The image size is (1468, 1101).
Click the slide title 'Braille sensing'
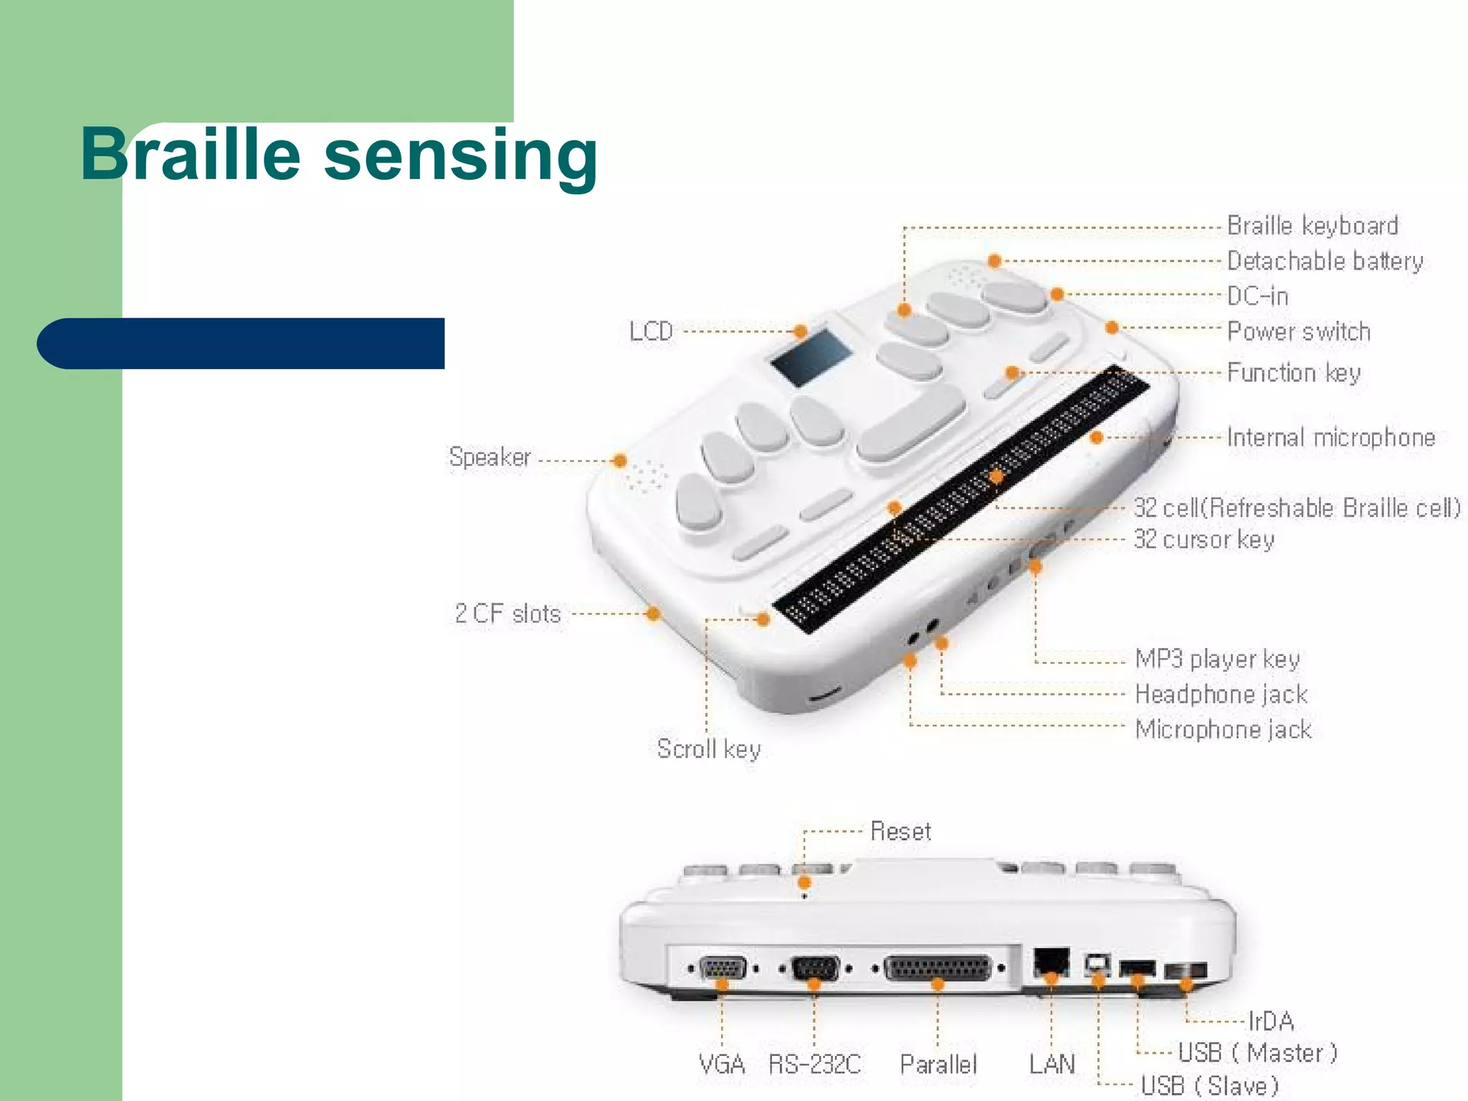339,156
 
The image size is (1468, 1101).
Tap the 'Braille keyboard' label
1312,226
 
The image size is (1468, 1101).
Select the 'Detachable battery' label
1325,261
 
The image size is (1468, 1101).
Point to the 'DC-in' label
1257,296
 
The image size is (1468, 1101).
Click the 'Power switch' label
1298,331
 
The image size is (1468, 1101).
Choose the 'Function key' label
1293,373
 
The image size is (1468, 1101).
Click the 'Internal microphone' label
1330,437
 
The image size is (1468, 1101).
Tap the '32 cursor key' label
1204,539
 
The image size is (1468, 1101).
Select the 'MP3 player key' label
1216,659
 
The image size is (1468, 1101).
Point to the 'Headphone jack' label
1221,694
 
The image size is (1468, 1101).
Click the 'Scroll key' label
708,749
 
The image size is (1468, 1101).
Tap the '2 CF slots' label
507,614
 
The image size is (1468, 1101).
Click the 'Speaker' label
490,457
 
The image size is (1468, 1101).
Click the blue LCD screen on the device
811,357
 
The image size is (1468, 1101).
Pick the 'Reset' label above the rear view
900,831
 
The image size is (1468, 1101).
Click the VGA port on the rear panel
723,968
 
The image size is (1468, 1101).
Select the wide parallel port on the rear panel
938,968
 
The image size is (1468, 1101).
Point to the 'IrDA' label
1271,1021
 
